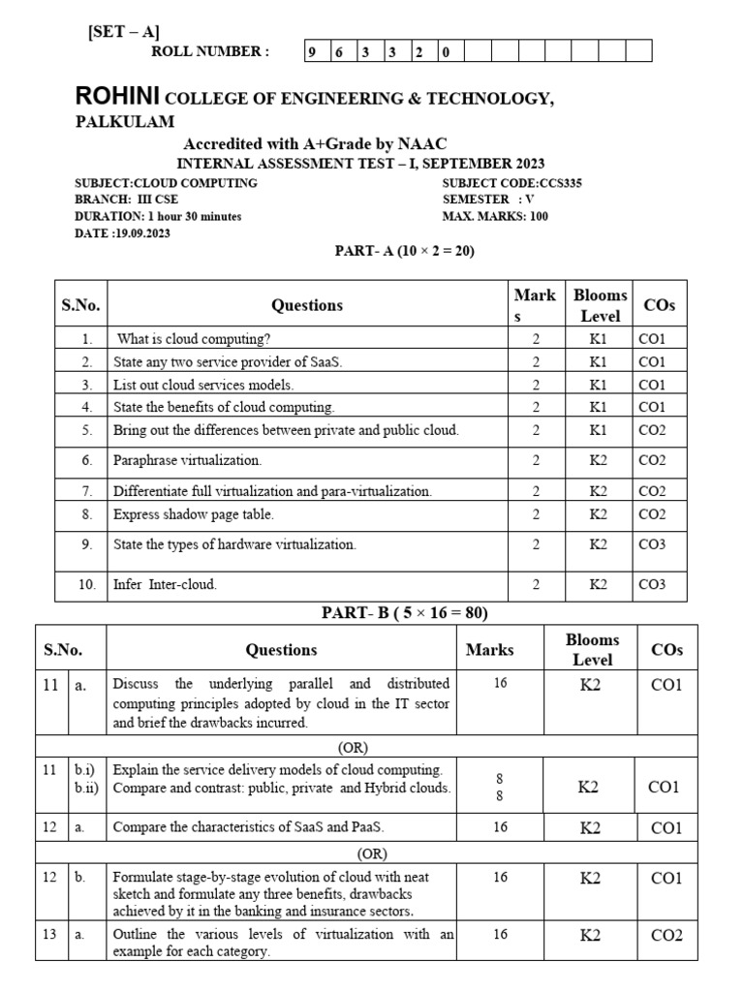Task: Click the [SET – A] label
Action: pyautogui.click(x=124, y=31)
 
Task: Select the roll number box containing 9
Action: pyautogui.click(x=313, y=52)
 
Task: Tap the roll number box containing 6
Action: pyautogui.click(x=339, y=52)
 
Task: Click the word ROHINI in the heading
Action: pyautogui.click(x=119, y=97)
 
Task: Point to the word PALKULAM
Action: pyautogui.click(x=125, y=121)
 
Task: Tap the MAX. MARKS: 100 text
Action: pyautogui.click(x=495, y=216)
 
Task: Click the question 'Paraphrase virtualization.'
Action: pyautogui.click(x=187, y=460)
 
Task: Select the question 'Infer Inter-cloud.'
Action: pyautogui.click(x=165, y=584)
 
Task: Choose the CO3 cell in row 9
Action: pyautogui.click(x=651, y=544)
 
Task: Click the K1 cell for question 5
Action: pyautogui.click(x=598, y=429)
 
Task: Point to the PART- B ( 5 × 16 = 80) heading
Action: pyautogui.click(x=404, y=612)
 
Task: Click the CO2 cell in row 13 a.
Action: pyautogui.click(x=666, y=935)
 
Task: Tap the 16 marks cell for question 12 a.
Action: pyautogui.click(x=500, y=826)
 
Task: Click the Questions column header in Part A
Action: pyautogui.click(x=307, y=305)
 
